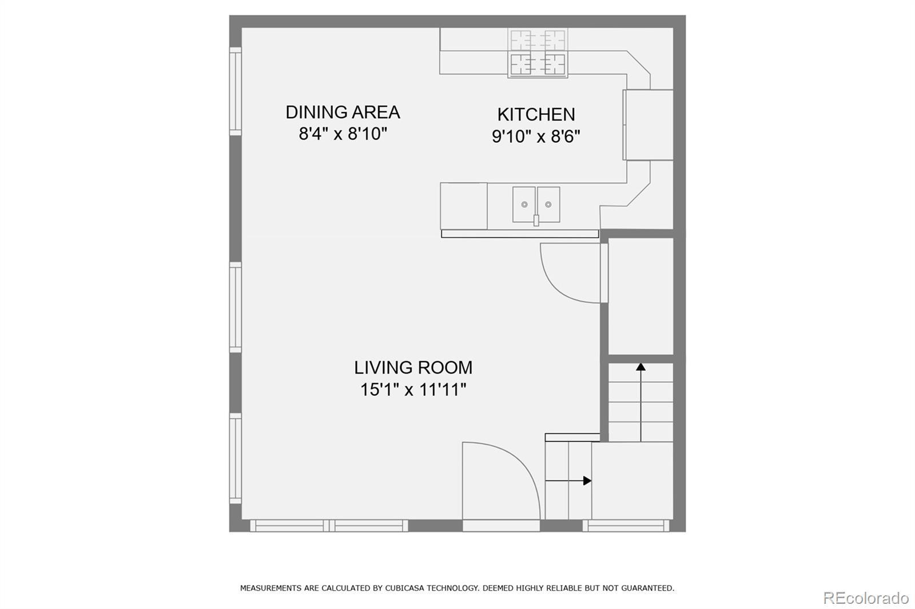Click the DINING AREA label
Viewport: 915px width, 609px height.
pyautogui.click(x=343, y=112)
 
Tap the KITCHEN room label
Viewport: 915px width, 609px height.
pyautogui.click(x=536, y=115)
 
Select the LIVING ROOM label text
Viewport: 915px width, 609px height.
pyautogui.click(x=413, y=368)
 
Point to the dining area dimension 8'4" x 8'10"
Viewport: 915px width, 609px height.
pyautogui.click(x=343, y=134)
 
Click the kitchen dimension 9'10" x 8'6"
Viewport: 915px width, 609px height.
pyautogui.click(x=536, y=137)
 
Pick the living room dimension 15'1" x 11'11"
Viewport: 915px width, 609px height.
pyautogui.click(x=413, y=390)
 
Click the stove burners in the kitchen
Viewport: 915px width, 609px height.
pyautogui.click(x=538, y=53)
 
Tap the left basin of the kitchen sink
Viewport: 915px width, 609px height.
pyautogui.click(x=524, y=205)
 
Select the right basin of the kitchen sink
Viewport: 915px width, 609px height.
pyautogui.click(x=548, y=205)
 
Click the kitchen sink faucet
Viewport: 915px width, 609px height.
pyautogui.click(x=536, y=220)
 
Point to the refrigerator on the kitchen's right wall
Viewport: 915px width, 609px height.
pyautogui.click(x=649, y=125)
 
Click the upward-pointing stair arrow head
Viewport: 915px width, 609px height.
pyautogui.click(x=640, y=367)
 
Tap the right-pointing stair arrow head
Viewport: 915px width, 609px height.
pyautogui.click(x=587, y=481)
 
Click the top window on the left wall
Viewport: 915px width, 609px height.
pyautogui.click(x=235, y=91)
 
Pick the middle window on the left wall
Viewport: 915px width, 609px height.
pyautogui.click(x=235, y=307)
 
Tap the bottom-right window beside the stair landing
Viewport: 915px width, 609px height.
pyautogui.click(x=626, y=526)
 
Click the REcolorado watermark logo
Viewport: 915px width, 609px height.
pyautogui.click(x=866, y=598)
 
